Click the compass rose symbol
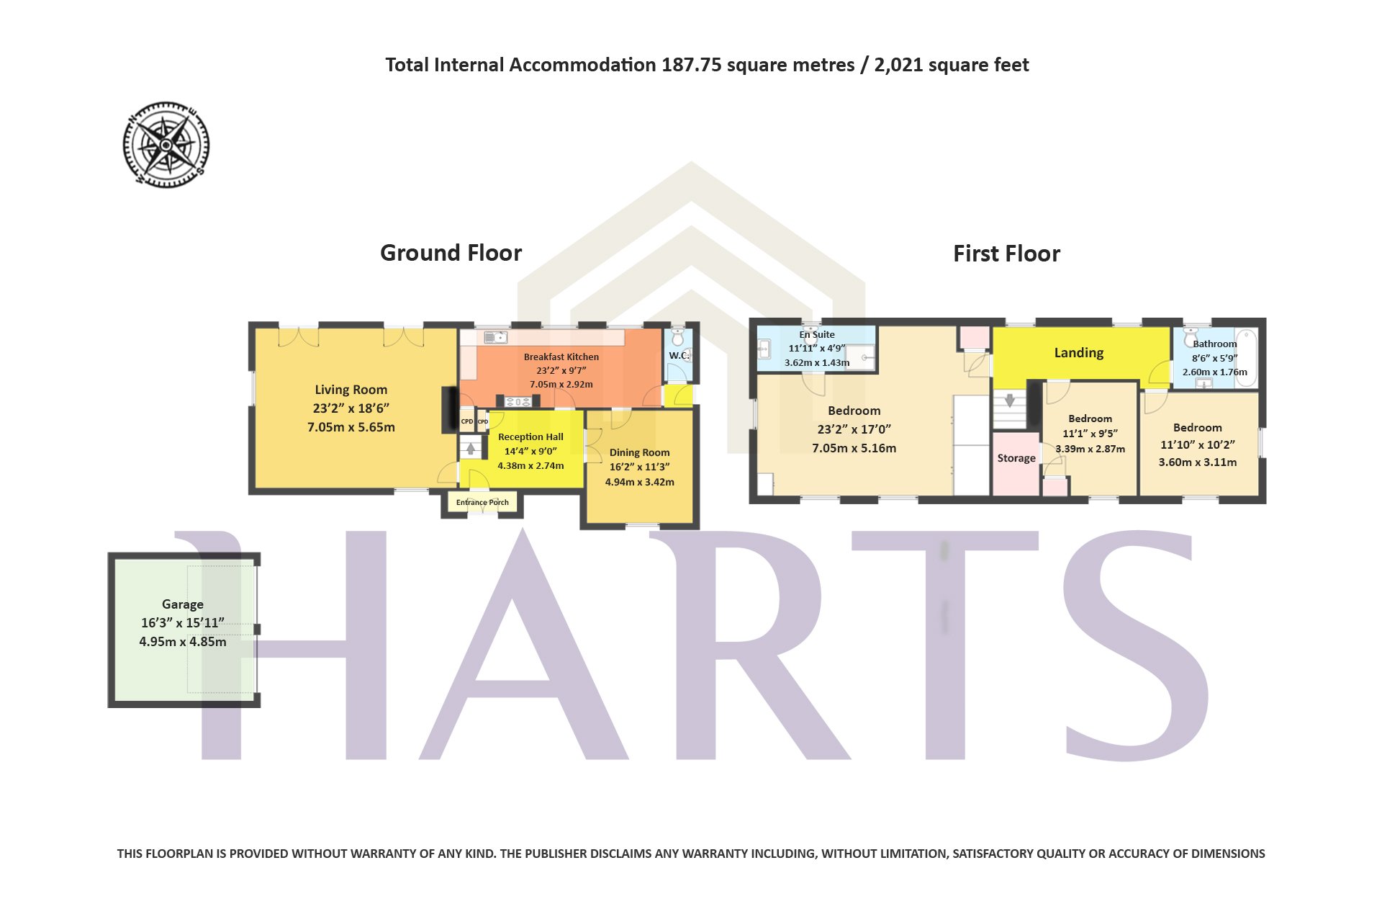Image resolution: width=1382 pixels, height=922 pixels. tap(166, 145)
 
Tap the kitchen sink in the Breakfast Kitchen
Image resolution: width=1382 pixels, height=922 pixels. tap(496, 337)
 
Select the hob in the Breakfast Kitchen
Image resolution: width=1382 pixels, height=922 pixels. tap(518, 402)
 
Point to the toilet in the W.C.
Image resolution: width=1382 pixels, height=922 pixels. tap(677, 338)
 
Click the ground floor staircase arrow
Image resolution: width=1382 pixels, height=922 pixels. tap(471, 449)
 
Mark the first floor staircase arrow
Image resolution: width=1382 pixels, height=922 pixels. tap(1010, 400)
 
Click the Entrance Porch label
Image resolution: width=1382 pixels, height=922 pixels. tap(482, 503)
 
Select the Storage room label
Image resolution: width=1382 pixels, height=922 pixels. tap(1016, 458)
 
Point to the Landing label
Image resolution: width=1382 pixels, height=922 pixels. tap(1079, 353)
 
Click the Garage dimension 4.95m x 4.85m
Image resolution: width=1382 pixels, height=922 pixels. tap(183, 642)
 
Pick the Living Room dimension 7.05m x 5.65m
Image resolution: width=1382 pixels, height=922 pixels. tap(351, 427)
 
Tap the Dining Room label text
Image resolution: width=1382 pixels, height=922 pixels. tap(640, 453)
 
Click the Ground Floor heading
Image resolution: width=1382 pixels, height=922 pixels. tap(451, 253)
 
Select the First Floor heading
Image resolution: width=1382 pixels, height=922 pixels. tap(1007, 254)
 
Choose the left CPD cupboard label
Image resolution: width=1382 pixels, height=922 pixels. tap(467, 421)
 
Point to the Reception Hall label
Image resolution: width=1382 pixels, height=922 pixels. tap(530, 437)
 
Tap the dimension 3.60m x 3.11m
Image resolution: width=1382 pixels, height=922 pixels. tap(1198, 462)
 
